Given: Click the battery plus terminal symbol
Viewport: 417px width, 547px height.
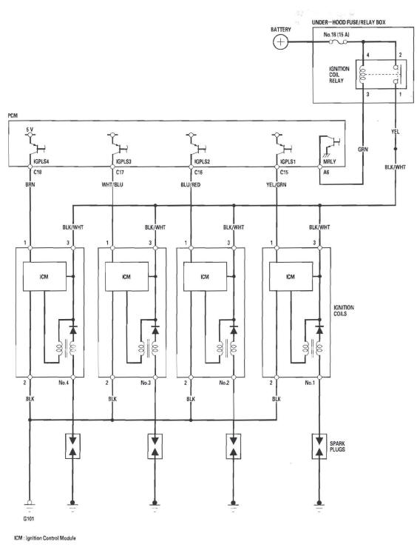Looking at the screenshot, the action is click(279, 42).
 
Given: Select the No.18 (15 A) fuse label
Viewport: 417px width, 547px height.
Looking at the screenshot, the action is click(336, 35).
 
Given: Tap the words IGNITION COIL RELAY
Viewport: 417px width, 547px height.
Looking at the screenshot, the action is click(339, 75).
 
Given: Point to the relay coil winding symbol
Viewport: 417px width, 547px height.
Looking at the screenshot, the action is click(363, 74).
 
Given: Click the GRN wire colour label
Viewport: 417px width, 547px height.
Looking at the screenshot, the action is click(362, 150).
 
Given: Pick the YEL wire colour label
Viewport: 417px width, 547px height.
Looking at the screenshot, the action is click(395, 132).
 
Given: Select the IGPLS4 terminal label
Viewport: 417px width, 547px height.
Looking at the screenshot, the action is click(41, 162).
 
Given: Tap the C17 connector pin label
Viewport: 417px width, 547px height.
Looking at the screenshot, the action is click(120, 172).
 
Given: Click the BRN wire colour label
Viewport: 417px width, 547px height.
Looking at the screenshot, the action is click(30, 184).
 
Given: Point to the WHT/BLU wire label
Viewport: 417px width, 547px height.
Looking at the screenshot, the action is click(112, 184).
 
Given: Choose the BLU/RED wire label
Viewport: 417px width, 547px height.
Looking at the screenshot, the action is click(191, 184).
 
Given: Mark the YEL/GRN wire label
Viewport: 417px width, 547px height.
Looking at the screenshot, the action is click(277, 184).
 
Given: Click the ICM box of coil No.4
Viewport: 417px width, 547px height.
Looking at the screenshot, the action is click(44, 276).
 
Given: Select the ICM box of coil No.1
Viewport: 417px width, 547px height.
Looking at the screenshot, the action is click(291, 276).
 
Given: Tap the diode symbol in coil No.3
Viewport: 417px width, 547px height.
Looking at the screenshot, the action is click(155, 329).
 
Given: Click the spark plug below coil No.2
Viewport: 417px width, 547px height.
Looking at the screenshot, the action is click(234, 446).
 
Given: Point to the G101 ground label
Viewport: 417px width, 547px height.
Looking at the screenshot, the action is click(29, 519).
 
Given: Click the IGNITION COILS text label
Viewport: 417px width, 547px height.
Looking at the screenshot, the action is click(344, 310).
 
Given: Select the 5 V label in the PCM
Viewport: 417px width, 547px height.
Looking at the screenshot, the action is click(30, 130).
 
